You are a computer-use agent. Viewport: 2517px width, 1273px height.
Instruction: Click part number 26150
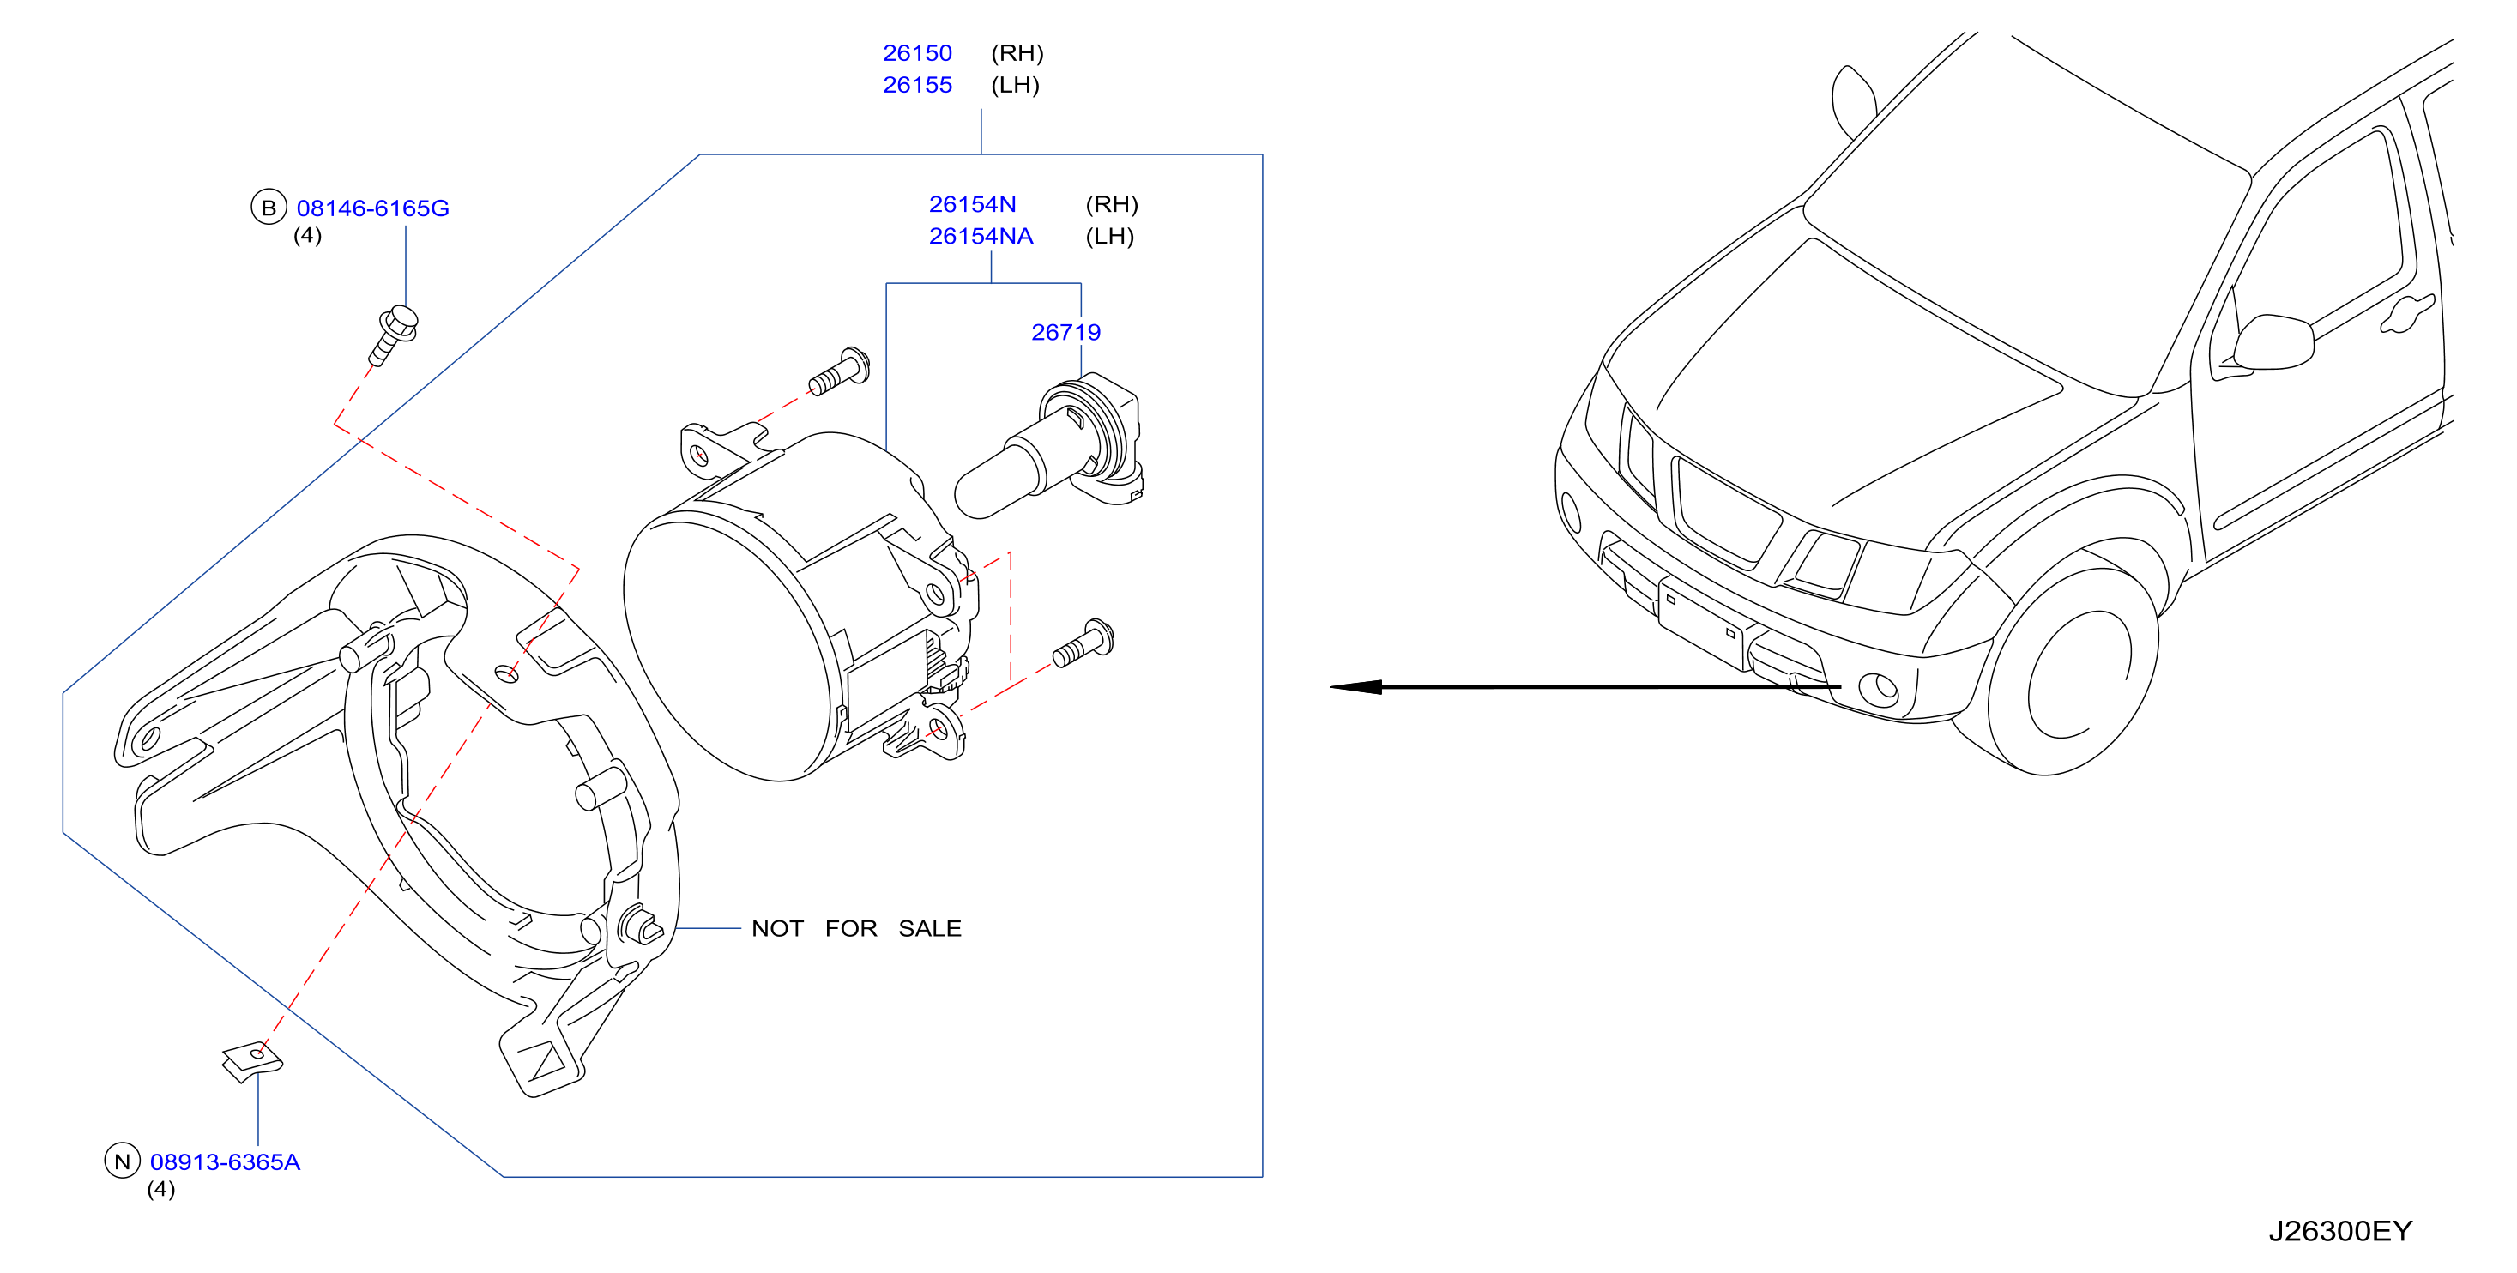(x=916, y=53)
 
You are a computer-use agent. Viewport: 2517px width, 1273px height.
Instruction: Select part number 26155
(x=916, y=85)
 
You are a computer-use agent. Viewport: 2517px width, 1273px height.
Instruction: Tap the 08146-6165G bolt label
(x=372, y=208)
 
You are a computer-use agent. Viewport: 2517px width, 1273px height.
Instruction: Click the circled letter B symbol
(x=269, y=207)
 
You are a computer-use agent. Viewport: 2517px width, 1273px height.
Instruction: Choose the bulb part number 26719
(x=1066, y=332)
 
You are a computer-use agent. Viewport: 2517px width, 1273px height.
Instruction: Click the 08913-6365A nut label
(x=225, y=1161)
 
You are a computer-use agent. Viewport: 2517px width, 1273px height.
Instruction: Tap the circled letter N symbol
(x=122, y=1161)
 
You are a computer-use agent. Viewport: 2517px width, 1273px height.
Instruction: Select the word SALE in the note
(x=929, y=928)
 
